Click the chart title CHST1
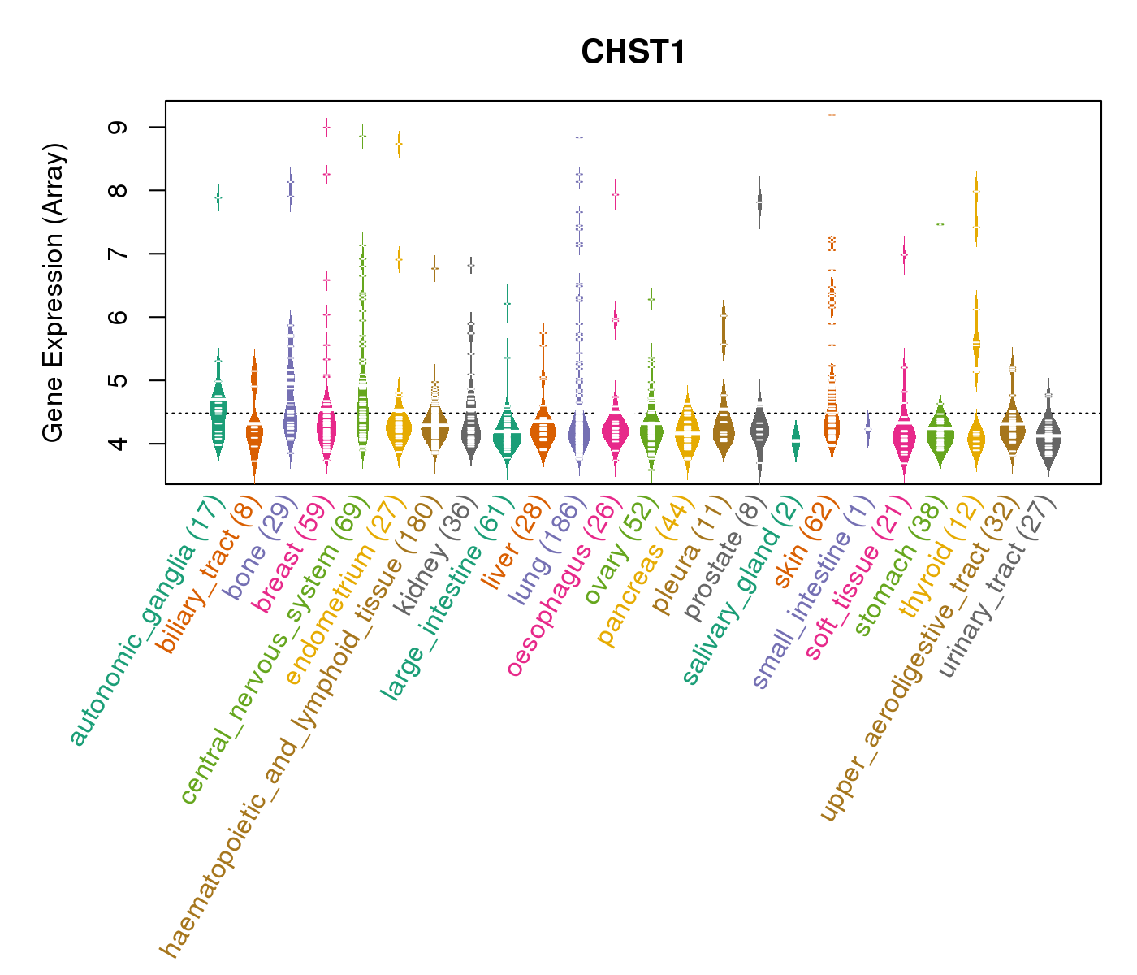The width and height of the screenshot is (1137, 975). (x=633, y=53)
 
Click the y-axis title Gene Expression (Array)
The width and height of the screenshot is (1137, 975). (x=54, y=292)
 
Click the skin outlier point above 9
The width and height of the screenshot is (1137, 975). (x=832, y=115)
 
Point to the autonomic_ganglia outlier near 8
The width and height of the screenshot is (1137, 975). (x=218, y=197)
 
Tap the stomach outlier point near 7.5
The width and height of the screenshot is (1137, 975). (x=940, y=224)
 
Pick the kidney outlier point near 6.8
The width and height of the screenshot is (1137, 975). (x=471, y=265)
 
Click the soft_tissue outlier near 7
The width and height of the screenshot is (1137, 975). (x=904, y=255)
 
